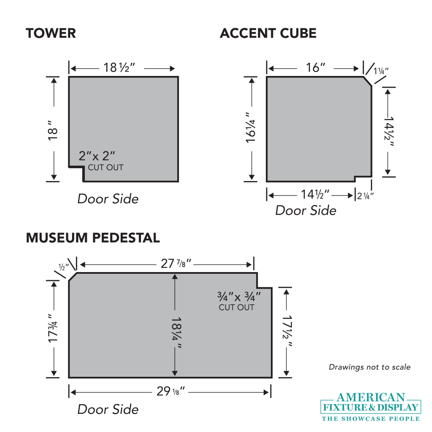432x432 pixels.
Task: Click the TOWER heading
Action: coord(51,33)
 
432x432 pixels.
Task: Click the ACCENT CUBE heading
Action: coord(268,33)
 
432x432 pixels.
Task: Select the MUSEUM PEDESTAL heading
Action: coord(93,238)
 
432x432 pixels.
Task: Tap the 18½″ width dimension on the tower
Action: coord(119,67)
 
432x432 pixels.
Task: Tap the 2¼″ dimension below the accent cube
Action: coord(365,195)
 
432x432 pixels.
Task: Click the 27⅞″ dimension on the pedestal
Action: coord(176,264)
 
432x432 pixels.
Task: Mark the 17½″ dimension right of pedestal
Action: coord(287,331)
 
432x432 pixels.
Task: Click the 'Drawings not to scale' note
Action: coord(369,367)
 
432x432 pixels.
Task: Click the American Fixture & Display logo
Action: coord(371,407)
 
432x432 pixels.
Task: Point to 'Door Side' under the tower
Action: coord(108,199)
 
